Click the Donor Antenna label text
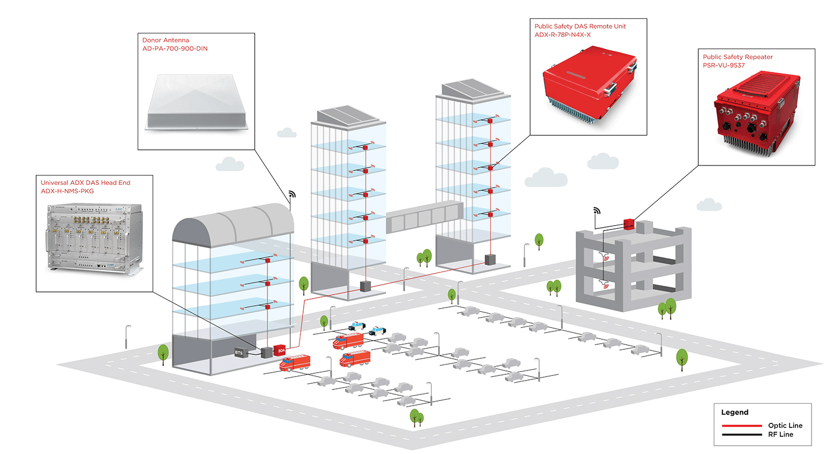coord(166,40)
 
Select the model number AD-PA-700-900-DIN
coord(174,48)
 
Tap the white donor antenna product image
coord(197,102)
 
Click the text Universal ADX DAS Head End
coord(85,182)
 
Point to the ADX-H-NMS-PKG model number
coord(67,191)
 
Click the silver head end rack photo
coord(95,240)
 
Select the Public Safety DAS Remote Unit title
coord(580,26)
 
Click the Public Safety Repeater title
coord(737,57)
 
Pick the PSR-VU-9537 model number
coord(723,65)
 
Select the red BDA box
coord(280,350)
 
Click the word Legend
coord(735,412)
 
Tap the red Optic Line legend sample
coord(742,426)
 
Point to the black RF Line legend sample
coord(742,435)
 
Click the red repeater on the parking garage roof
coord(629,224)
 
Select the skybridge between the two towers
coord(425,217)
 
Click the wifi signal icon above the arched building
coord(292,194)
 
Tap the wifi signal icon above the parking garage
coord(597,211)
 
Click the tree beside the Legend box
coord(682,359)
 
